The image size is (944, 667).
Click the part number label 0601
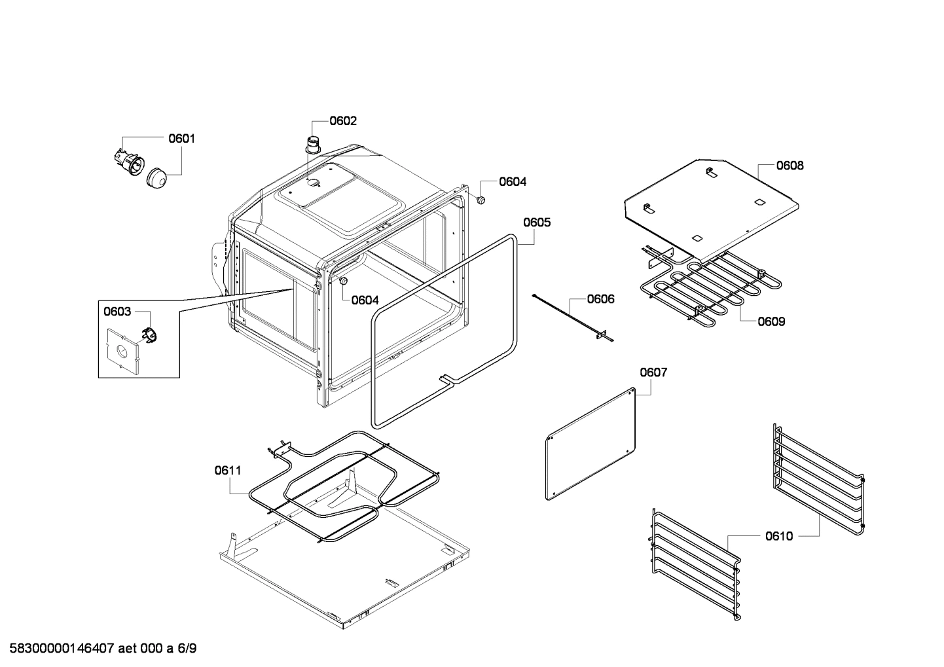click(181, 139)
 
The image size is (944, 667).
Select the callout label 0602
click(343, 121)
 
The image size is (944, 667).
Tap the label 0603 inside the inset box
click(117, 312)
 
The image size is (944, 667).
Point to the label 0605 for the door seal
click(536, 223)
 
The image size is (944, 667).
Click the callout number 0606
click(600, 299)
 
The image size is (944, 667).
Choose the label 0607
click(653, 372)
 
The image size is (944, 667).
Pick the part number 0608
click(790, 166)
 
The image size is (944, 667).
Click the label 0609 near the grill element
click(771, 321)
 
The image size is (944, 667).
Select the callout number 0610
click(778, 536)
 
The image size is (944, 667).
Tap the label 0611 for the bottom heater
click(227, 470)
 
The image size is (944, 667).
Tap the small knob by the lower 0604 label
click(342, 281)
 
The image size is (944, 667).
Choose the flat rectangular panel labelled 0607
click(591, 444)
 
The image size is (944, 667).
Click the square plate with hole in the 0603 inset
click(122, 352)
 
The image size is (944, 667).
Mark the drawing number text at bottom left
click(100, 649)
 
